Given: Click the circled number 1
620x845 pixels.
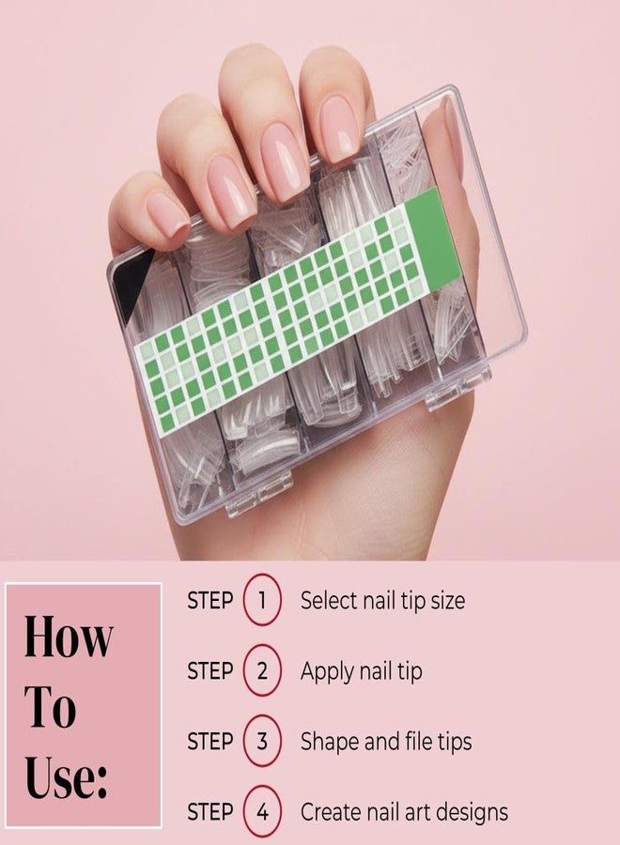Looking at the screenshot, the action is pos(262,599).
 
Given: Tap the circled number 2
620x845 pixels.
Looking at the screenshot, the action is pos(262,671).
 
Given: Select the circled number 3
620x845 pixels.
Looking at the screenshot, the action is pos(262,741).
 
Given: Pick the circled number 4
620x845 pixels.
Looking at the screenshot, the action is pos(262,811).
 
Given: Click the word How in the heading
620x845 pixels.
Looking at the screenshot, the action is pos(69,636).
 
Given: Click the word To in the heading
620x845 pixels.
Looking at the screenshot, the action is pos(50,705).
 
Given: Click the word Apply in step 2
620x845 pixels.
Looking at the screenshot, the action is pos(327,672).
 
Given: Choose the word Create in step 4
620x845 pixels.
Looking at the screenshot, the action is pos(331,811).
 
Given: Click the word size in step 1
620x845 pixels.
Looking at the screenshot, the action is pos(447,600).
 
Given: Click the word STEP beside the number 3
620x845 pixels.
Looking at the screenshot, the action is pos(209,742).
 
